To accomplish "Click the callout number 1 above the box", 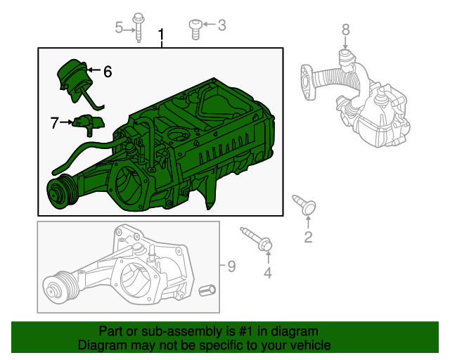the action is (162, 34).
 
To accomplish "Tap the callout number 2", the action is (308, 237).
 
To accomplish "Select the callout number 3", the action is (222, 25).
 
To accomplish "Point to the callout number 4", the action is (268, 273).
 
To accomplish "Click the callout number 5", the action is (119, 27).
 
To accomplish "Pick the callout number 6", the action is (108, 72).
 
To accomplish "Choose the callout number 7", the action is (55, 122).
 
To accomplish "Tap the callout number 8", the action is (345, 30).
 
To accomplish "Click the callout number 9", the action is (231, 266).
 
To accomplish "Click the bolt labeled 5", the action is (139, 28).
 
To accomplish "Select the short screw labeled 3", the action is (195, 30).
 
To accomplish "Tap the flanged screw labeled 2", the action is (304, 205).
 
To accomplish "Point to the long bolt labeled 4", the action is (257, 239).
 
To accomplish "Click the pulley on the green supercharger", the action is (60, 192).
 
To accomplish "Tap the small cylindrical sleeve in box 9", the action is (207, 290).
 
